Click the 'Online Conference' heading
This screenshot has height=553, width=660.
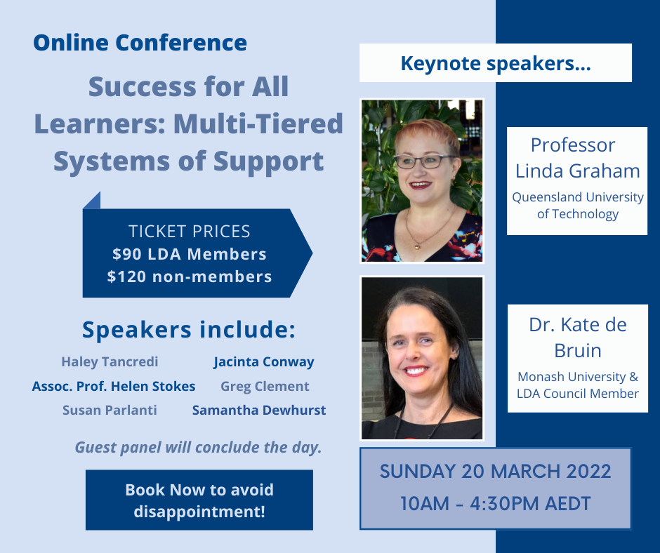pos(140,43)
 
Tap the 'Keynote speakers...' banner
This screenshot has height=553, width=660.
pos(496,62)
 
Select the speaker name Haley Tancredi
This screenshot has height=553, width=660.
pos(110,362)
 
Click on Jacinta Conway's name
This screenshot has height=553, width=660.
pos(263,362)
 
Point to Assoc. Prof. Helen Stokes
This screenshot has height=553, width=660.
pos(114,386)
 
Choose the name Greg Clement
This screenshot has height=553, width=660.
pos(265,387)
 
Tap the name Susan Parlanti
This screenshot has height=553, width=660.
pos(110,410)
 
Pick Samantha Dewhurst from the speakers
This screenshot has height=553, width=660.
pos(259,410)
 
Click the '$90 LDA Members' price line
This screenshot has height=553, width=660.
pos(190,254)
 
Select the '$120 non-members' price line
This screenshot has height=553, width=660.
pos(190,276)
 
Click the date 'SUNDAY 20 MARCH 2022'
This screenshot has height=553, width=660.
pos(496,471)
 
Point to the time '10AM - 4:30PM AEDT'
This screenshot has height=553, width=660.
pos(496,503)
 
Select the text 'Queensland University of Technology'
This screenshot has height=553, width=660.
pos(577,206)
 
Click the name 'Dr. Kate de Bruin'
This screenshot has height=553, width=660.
pos(577,338)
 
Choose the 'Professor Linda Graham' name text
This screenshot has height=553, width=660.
pos(577,158)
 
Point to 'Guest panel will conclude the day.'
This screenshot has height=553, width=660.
pos(198,447)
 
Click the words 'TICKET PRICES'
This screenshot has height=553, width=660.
pos(190,232)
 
